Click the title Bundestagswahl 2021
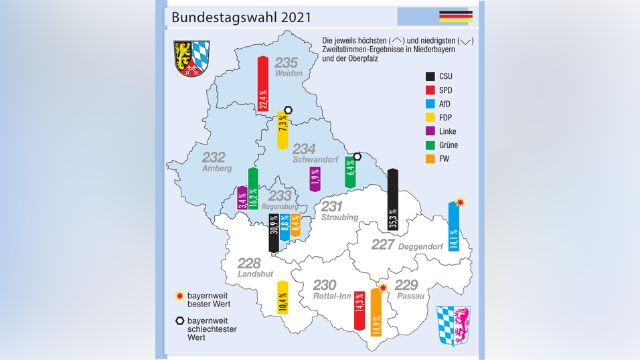point(240,17)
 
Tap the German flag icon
point(455,17)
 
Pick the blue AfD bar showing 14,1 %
point(453,229)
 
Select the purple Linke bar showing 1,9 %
point(315,179)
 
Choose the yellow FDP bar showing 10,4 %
point(283,298)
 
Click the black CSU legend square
point(432,76)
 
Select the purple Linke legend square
point(432,131)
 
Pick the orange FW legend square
point(432,159)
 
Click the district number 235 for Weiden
point(287,63)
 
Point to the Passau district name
point(410,296)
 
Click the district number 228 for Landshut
point(249,263)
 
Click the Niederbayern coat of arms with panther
point(454,325)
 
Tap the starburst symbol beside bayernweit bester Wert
point(179,295)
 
